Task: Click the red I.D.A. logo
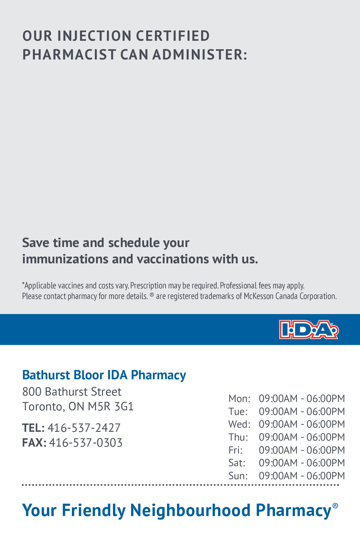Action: point(309,329)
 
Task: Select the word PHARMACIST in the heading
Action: point(69,55)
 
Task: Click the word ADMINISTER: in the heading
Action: point(200,55)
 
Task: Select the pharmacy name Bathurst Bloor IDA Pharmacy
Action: point(104,375)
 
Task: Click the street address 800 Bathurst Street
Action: point(72,392)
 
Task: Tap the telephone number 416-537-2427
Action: point(84,428)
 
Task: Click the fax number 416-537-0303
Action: point(86,443)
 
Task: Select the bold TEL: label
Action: point(34,428)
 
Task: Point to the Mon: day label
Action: point(239,399)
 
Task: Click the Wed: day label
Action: point(239,424)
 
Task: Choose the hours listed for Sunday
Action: point(302,476)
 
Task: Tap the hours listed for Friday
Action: point(302,450)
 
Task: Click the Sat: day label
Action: point(237,463)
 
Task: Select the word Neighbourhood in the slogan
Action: point(190,511)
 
